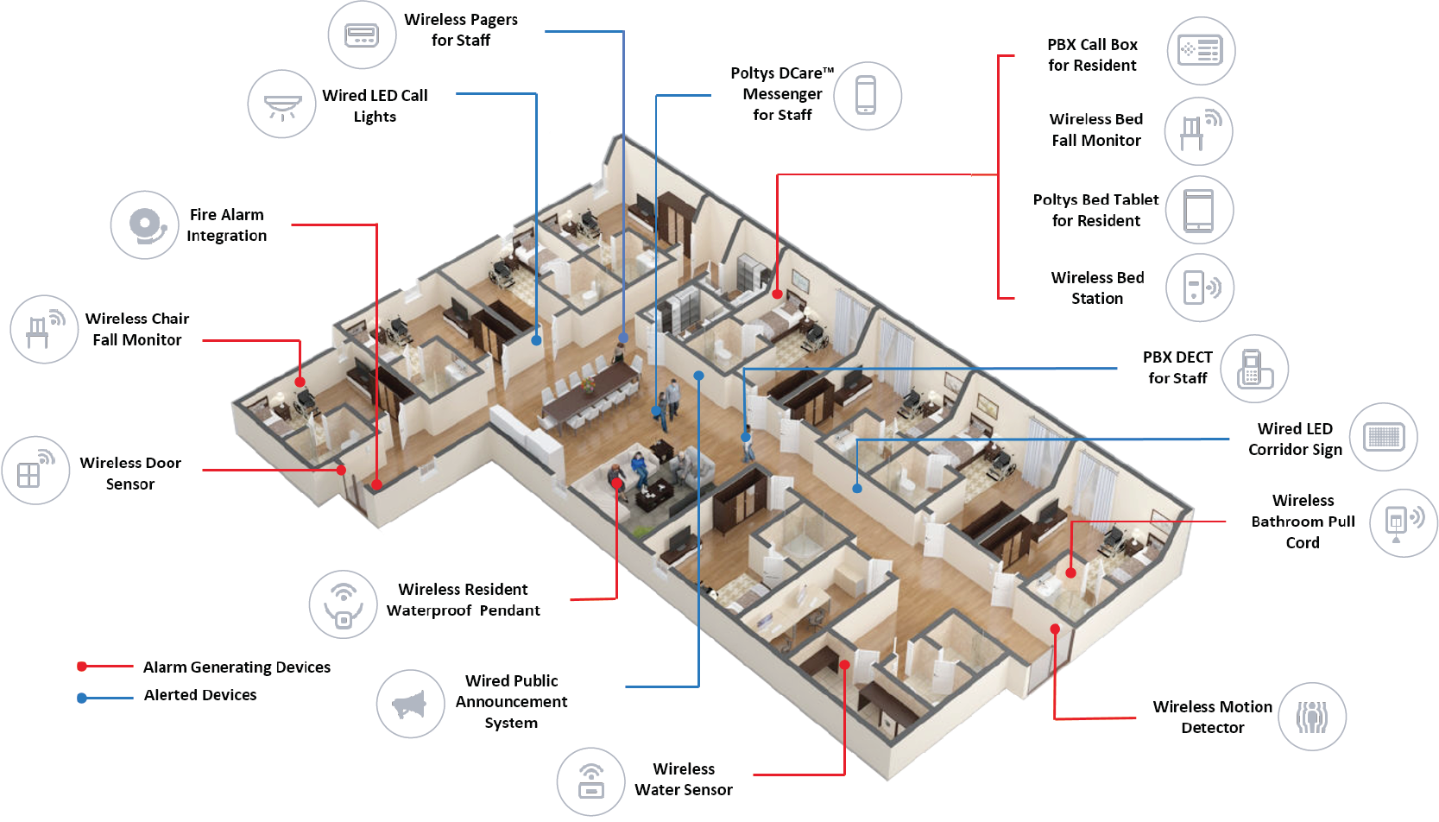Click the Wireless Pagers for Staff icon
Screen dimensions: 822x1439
coord(362,35)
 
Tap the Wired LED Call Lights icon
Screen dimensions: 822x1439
coord(281,104)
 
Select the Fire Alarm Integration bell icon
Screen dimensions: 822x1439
coord(145,224)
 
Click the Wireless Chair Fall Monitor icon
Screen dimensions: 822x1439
coord(44,329)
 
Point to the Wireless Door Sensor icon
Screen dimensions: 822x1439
coord(35,471)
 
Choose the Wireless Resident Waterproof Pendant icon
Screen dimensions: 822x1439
coord(344,604)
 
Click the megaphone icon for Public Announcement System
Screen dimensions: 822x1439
coord(410,704)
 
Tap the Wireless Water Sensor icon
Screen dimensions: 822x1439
coord(590,781)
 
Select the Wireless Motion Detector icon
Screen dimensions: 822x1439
coord(1312,717)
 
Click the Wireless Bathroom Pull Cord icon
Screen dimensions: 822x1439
coord(1404,522)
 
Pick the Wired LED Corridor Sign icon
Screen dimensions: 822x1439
coord(1384,437)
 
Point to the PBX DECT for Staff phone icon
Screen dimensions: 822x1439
coord(1254,369)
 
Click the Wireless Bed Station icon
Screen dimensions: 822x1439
coord(1200,288)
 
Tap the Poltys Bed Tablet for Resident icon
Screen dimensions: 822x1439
coord(1199,210)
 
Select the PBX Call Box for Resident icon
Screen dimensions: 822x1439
coord(1201,51)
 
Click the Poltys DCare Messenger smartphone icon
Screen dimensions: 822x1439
coord(867,96)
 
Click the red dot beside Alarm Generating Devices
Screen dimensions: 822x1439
coord(82,667)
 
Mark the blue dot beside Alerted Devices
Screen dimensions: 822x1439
coord(82,698)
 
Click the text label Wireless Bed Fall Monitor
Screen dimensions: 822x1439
coord(1095,130)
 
